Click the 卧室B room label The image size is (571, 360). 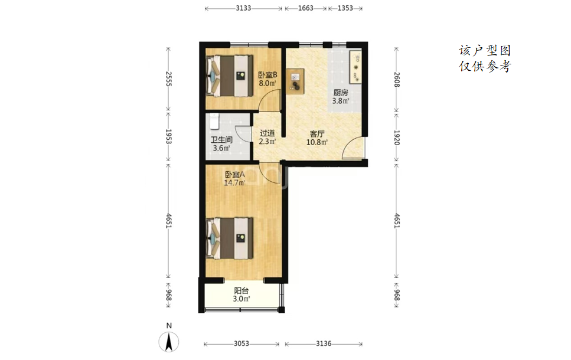point(267,75)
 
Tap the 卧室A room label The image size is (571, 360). point(234,175)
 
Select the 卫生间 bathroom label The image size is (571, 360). point(221,140)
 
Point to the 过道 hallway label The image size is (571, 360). point(267,133)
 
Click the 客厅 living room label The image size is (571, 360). point(317,134)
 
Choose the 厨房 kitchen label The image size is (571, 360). point(341,93)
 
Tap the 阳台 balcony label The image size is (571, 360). point(242,291)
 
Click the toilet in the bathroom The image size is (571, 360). point(214,121)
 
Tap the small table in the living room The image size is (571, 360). point(295,81)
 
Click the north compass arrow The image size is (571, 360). point(169,342)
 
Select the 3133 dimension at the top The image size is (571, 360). point(243,8)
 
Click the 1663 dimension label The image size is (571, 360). point(306,8)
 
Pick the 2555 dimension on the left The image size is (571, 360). point(169,78)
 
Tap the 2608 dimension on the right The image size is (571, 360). point(397,80)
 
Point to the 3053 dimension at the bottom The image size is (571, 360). point(242,343)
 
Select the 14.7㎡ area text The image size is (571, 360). point(234,183)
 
